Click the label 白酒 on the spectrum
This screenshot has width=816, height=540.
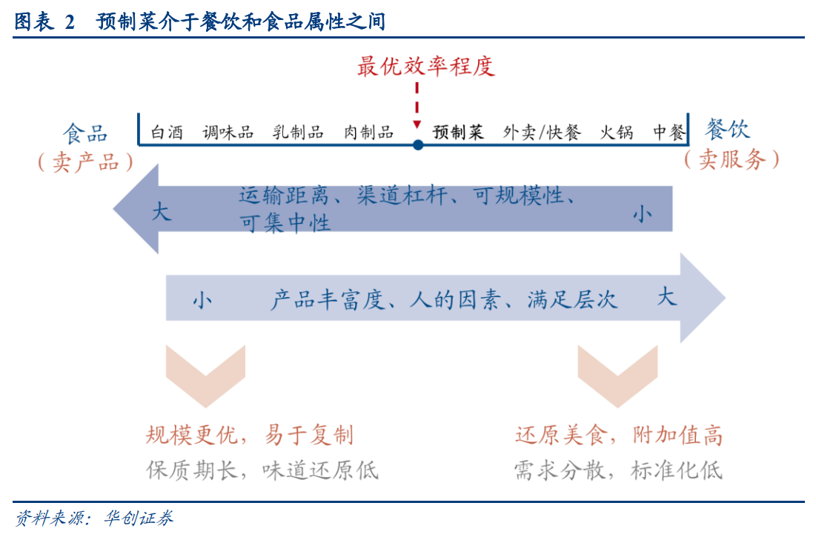167,133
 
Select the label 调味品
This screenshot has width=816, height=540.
228,133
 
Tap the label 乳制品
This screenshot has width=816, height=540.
298,133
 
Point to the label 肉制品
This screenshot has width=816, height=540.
368,133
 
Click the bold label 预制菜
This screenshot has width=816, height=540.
459,133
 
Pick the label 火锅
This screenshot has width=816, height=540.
617,133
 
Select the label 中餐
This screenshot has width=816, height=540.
669,133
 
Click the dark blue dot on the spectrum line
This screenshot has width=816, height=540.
418,145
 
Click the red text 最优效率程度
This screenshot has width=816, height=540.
425,67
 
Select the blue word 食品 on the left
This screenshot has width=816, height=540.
85,133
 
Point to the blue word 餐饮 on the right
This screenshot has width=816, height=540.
728,130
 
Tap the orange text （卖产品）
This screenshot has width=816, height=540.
85,162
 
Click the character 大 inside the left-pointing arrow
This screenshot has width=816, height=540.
161,213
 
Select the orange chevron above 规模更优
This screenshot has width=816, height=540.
205,374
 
